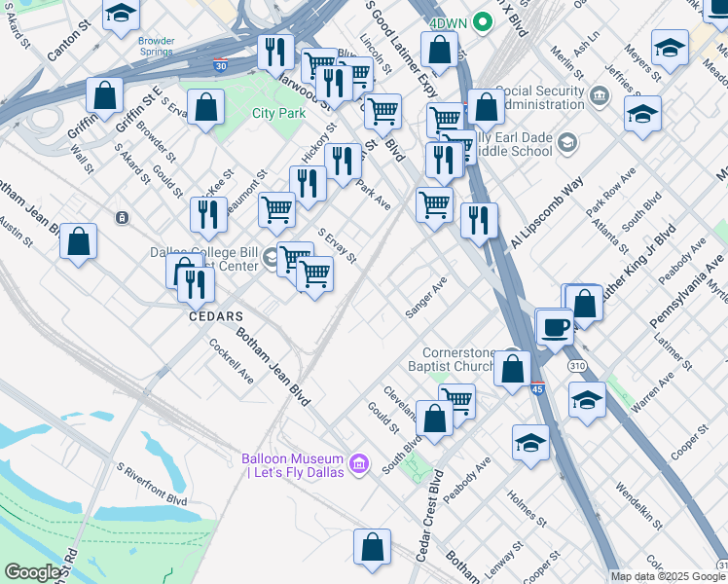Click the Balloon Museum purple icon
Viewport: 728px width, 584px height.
[358, 465]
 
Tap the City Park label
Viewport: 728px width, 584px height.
[279, 113]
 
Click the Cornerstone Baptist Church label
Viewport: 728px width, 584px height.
[459, 361]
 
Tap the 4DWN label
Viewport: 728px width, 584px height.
[448, 21]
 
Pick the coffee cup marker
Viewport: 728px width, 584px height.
[556, 327]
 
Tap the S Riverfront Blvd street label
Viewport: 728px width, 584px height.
[150, 484]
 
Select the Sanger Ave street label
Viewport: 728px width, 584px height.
[426, 296]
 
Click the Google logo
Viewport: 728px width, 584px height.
[33, 572]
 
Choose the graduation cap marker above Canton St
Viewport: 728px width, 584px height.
[121, 15]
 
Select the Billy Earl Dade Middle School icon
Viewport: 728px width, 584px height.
[566, 144]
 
